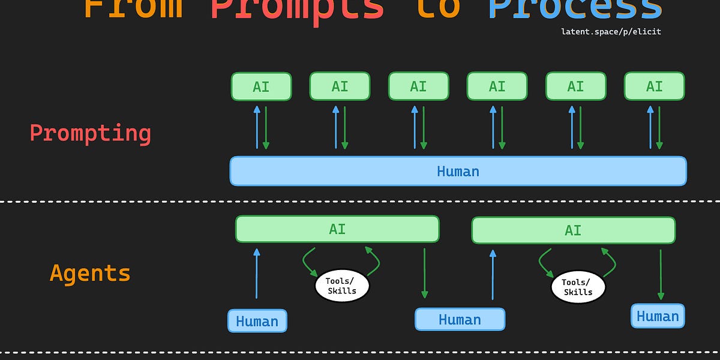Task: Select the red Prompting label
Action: [91, 133]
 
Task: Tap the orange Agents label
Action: [90, 274]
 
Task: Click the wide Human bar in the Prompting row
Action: [458, 171]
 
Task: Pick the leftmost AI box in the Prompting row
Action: [261, 86]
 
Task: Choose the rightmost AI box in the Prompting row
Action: [654, 86]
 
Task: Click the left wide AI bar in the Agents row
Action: [337, 229]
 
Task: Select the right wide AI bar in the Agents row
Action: [573, 230]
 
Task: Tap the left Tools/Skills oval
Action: [341, 286]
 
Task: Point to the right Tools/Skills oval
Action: [578, 287]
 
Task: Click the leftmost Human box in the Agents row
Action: [257, 321]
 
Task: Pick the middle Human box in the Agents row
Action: [460, 319]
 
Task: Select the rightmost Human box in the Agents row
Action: [658, 316]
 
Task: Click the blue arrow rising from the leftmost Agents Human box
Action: [257, 273]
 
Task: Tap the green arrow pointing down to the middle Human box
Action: [424, 273]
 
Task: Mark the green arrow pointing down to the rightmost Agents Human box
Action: [661, 274]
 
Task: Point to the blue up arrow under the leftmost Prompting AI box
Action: [257, 127]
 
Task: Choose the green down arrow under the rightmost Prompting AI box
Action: [659, 127]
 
